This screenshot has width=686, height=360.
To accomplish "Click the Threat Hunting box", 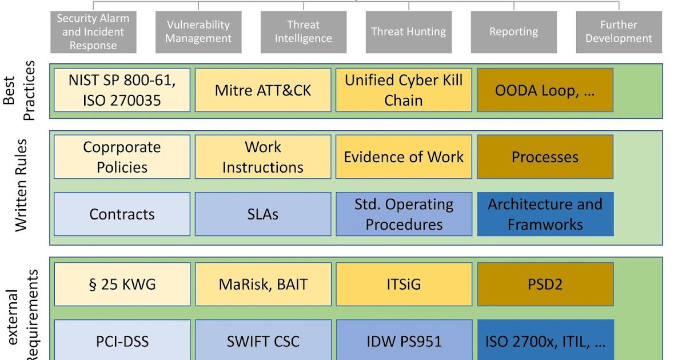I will click(x=408, y=32).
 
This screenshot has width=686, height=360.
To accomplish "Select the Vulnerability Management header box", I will click(x=198, y=32).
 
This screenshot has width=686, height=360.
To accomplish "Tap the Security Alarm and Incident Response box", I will click(x=93, y=32).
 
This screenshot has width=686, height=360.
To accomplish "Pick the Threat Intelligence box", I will click(x=303, y=32).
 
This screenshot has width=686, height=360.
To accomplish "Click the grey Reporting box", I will click(x=513, y=32).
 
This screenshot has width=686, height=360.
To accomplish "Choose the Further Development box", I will click(x=619, y=32).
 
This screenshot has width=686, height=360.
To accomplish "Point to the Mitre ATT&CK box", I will click(x=263, y=90).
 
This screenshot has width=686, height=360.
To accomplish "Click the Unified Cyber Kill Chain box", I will click(x=404, y=90).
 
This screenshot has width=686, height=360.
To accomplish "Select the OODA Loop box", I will click(x=545, y=90).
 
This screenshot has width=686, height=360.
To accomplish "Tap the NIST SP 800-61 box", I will click(x=122, y=90).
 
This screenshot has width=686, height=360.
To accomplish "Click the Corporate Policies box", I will click(x=122, y=157).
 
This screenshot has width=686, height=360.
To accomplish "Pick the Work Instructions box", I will click(x=263, y=157).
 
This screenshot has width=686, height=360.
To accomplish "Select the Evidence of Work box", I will click(x=404, y=157).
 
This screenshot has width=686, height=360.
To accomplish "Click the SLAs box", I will click(x=263, y=214).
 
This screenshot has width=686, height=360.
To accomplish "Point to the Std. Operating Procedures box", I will click(x=404, y=214).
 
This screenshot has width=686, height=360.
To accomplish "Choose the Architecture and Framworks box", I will click(x=545, y=214).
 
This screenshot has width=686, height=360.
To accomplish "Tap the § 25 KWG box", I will click(x=122, y=284).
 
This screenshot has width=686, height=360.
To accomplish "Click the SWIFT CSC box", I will click(x=263, y=341).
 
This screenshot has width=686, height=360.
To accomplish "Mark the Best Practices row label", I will click(x=20, y=90).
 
